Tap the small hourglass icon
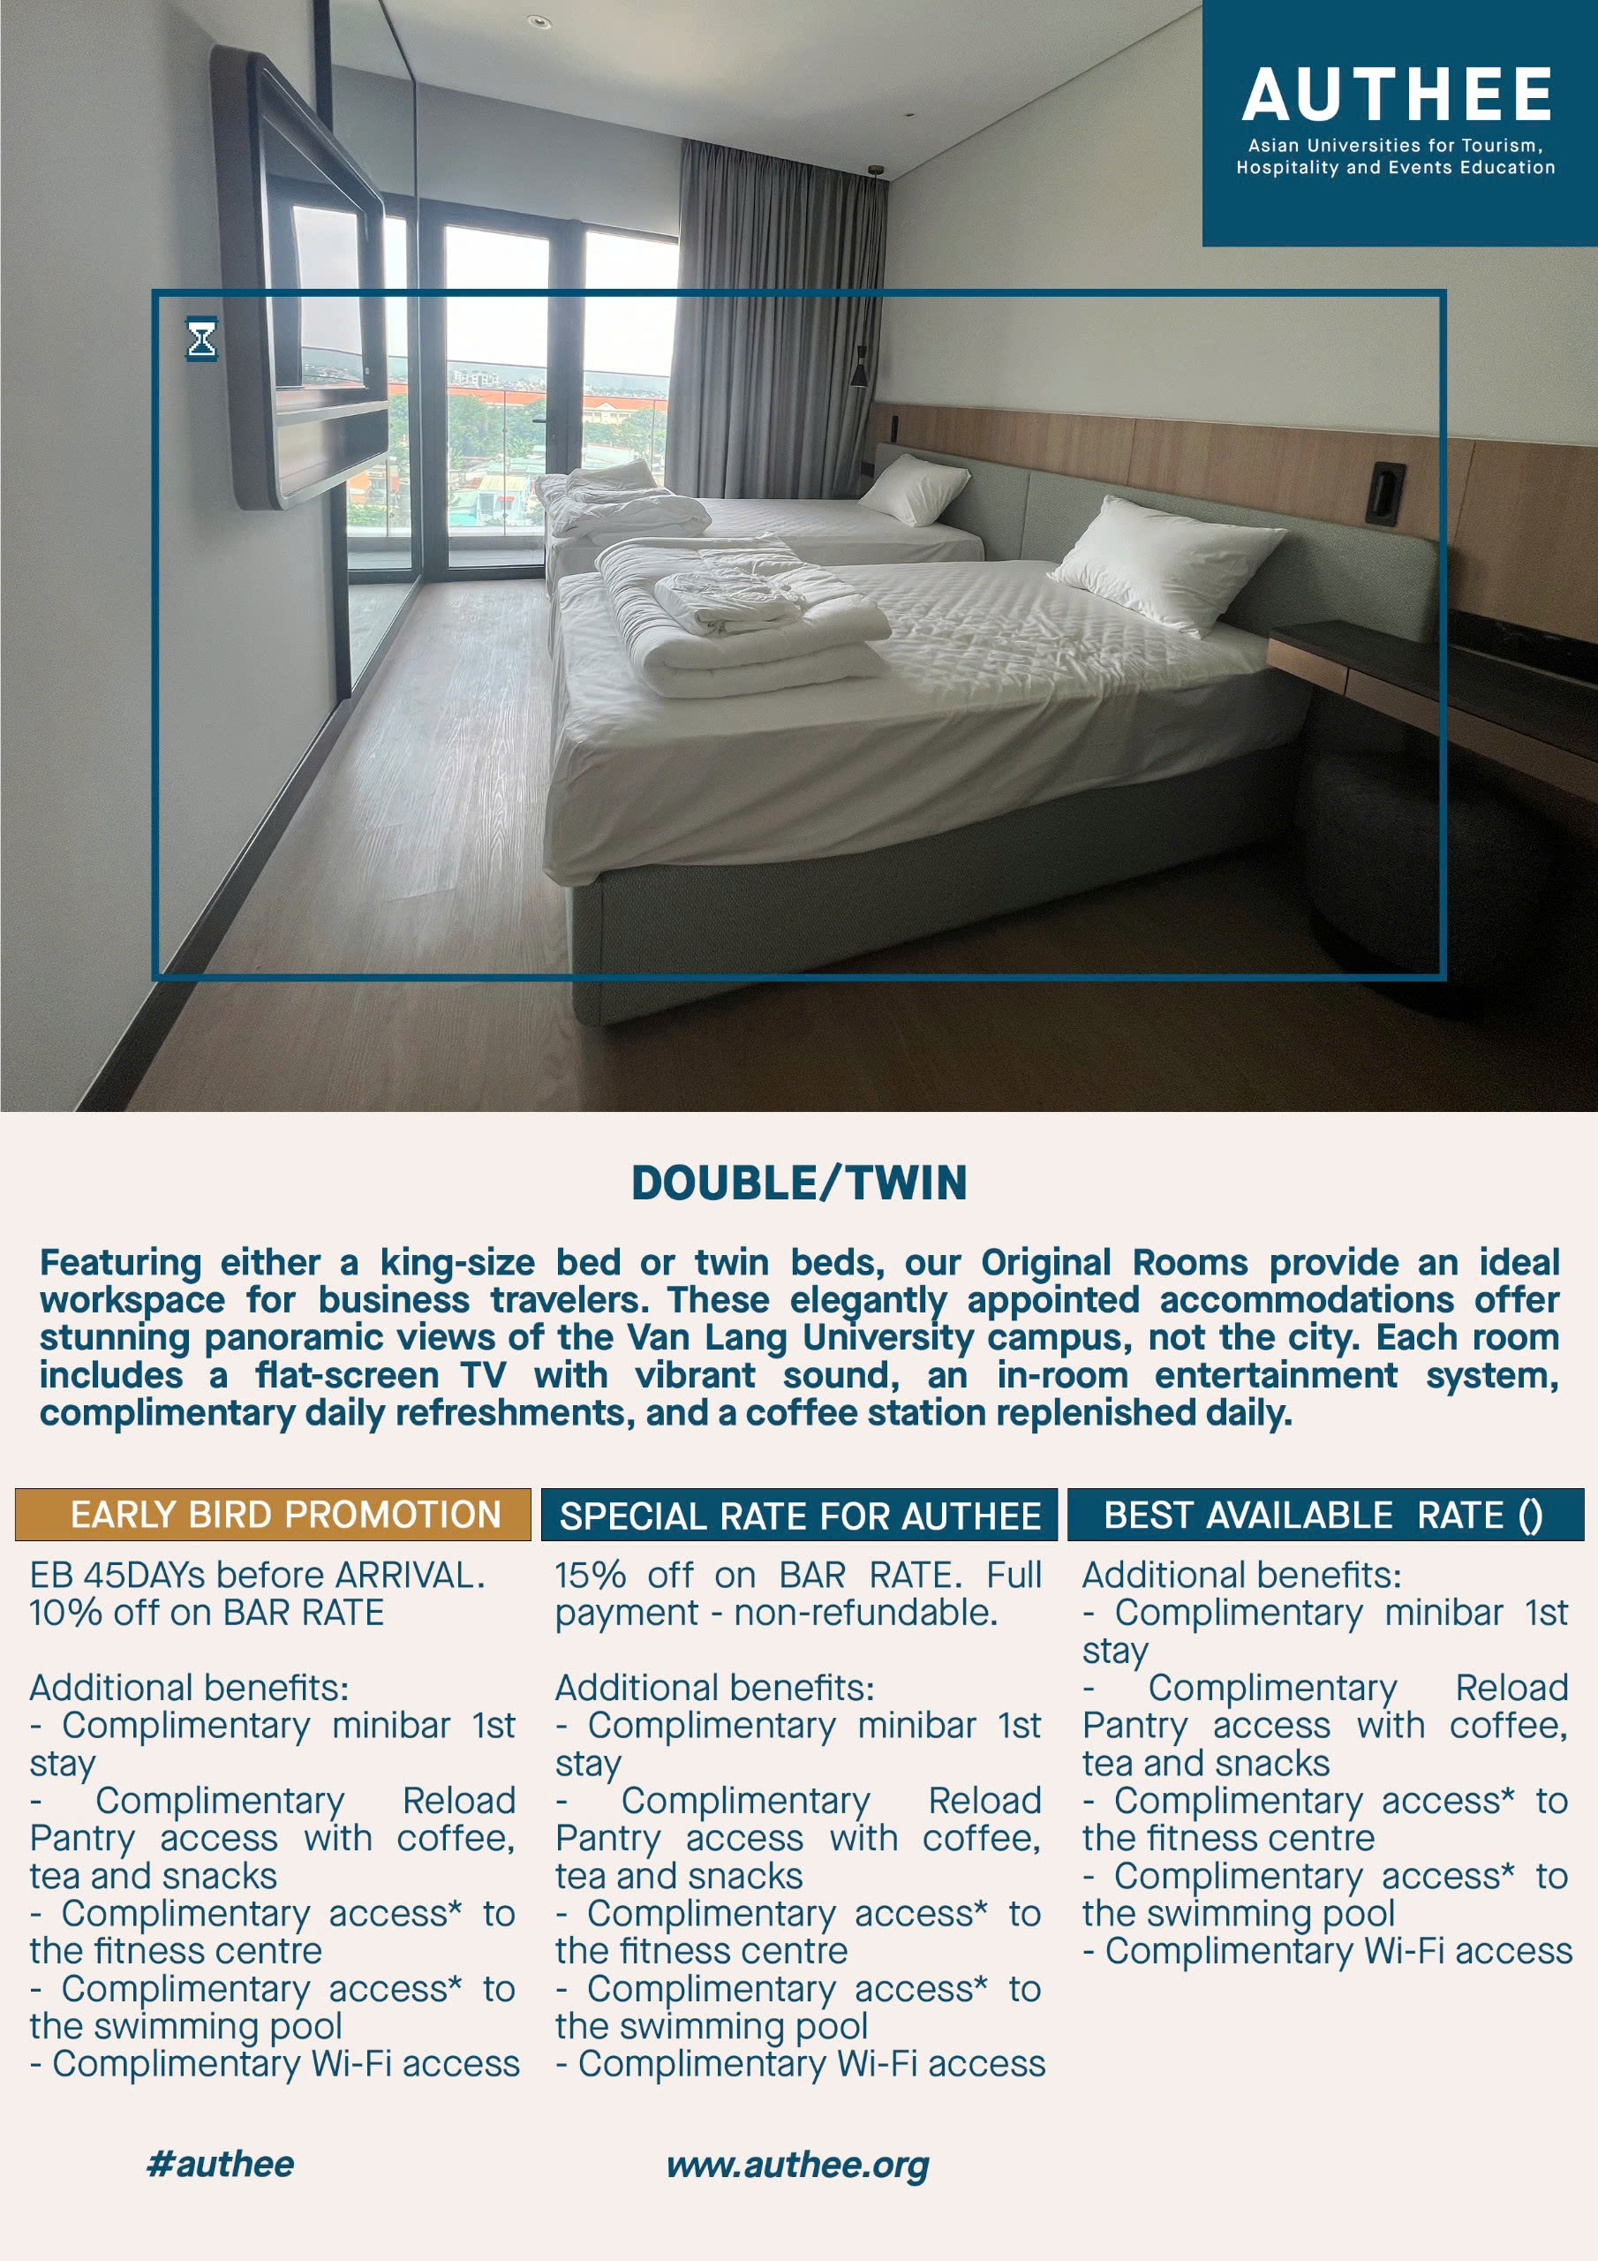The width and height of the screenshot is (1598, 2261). point(201,340)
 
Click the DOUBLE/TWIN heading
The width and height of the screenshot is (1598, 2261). point(798,1183)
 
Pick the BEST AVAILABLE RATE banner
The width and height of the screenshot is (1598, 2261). point(1324,1515)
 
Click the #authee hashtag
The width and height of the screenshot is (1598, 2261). point(220,2164)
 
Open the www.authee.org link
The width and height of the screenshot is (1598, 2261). point(797,2165)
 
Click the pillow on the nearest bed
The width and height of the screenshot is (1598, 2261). point(1167,562)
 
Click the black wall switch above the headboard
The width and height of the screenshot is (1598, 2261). point(1384,492)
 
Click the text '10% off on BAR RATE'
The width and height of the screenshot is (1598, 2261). point(206,1612)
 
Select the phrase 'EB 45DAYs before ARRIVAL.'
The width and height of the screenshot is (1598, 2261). point(256,1575)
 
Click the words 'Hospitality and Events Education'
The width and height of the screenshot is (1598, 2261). point(1395,168)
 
